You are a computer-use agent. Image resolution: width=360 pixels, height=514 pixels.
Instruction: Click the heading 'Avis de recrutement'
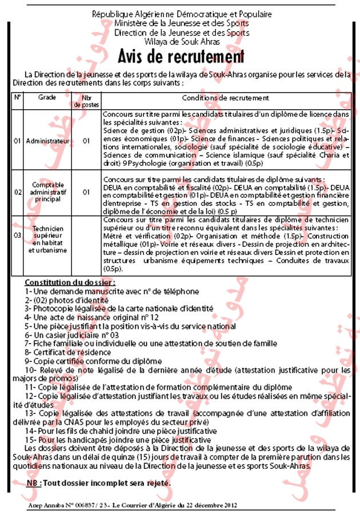click(x=181, y=57)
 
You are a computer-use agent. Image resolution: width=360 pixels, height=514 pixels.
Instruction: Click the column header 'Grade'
click(x=47, y=98)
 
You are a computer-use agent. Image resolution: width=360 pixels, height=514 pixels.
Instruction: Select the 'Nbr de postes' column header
click(x=87, y=101)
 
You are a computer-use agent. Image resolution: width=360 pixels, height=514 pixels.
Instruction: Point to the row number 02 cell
click(x=17, y=193)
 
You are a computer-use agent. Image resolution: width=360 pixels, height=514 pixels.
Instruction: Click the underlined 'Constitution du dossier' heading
click(x=70, y=282)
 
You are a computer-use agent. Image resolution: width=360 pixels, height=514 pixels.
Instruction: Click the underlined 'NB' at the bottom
click(x=33, y=483)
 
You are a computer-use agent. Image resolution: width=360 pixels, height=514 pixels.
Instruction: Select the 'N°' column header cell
click(x=17, y=98)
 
